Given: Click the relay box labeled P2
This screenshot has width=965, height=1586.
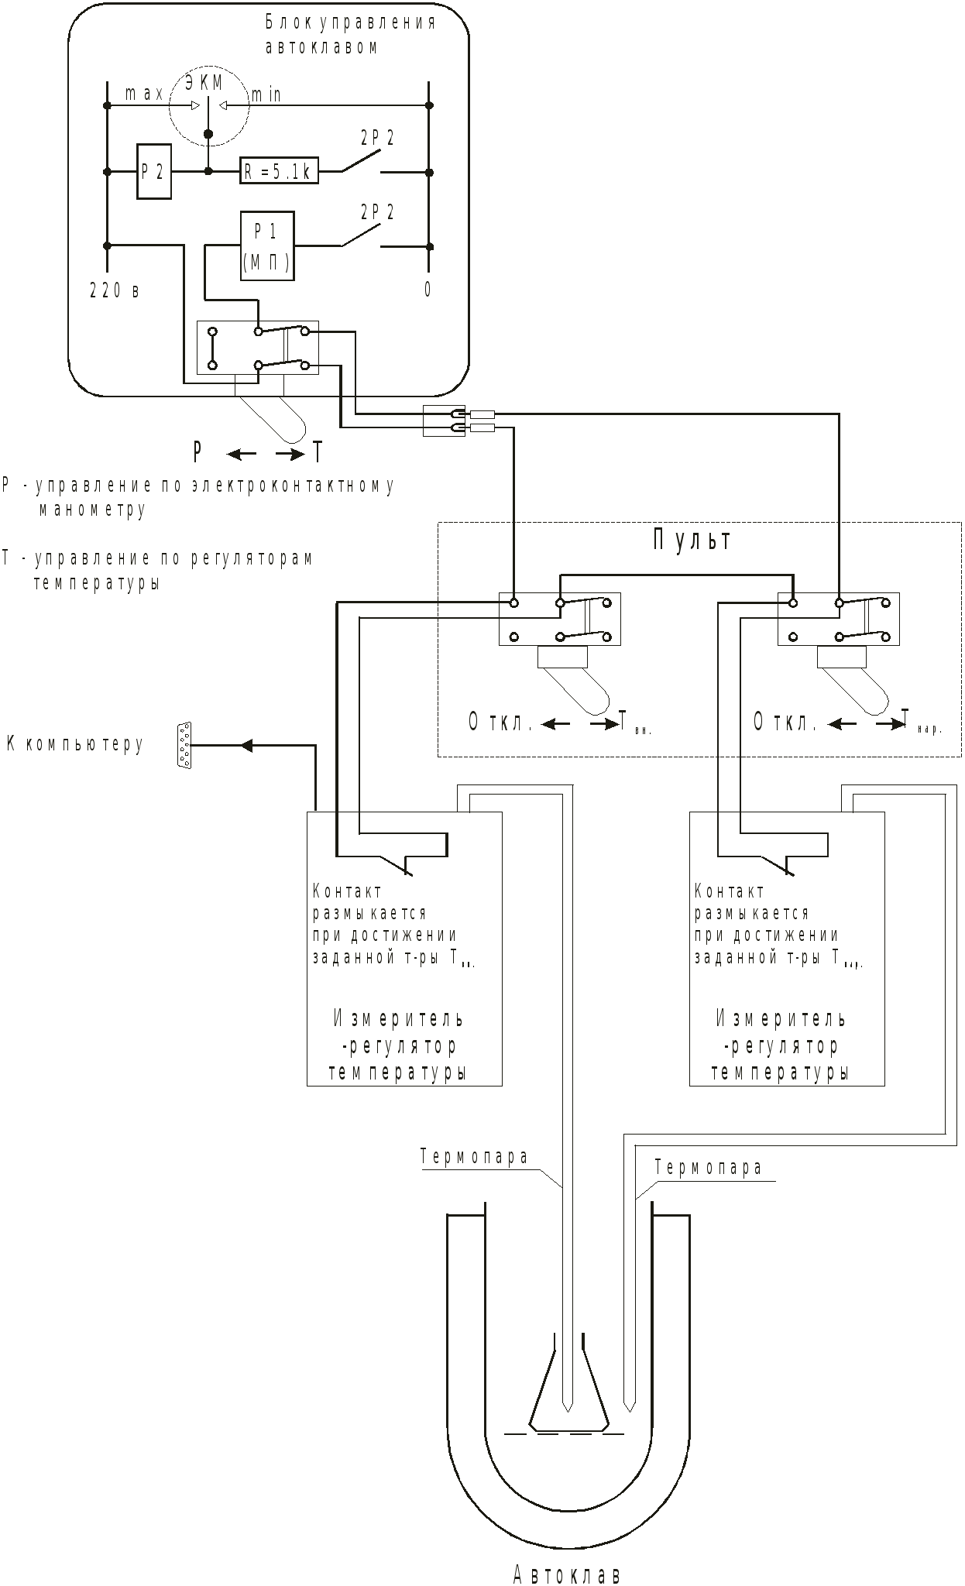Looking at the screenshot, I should point(154,171).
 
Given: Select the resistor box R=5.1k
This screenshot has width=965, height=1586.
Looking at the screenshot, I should point(279,170).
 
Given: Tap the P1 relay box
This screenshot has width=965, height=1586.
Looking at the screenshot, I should point(267,245).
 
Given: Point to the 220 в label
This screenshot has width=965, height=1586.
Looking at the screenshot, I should point(115,291).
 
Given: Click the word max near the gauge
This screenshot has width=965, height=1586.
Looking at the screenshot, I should point(145,94).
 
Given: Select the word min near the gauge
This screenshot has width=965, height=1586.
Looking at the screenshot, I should point(266,95).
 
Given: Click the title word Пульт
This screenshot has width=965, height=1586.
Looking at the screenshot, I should point(692,539).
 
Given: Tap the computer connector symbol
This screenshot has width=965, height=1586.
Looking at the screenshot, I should point(184,745).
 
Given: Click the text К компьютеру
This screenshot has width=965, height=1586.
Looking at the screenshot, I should point(75,744).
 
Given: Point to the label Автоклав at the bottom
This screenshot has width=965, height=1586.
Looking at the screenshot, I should point(567,1574).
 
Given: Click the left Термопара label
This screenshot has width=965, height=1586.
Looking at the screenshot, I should point(475,1157).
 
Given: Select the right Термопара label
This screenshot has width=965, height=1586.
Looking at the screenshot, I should point(709,1168).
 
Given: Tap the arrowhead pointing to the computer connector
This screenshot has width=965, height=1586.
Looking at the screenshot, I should point(246,745).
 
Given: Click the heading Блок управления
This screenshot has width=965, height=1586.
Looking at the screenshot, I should point(350,22).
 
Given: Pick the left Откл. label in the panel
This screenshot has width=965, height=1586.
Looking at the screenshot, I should point(500,723).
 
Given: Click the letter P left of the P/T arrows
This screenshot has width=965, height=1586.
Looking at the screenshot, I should point(198,451).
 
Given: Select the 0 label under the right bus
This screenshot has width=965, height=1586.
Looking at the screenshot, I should point(428,290).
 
